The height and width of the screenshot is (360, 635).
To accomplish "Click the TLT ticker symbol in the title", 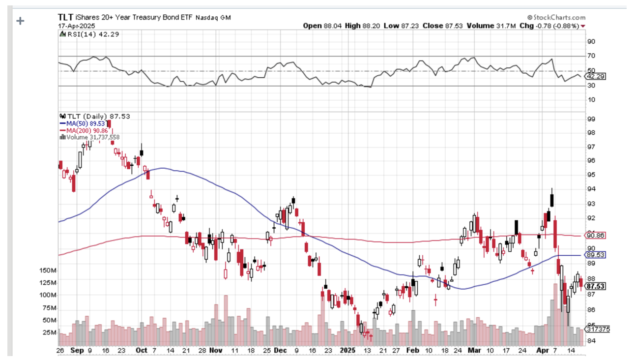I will (x=65, y=17).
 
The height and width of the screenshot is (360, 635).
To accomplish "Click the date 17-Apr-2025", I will (x=76, y=26).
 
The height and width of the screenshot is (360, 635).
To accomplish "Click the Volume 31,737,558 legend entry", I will (x=89, y=137).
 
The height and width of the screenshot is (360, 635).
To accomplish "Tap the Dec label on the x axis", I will (x=280, y=351).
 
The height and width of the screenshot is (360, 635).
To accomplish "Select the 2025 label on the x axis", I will (x=347, y=351).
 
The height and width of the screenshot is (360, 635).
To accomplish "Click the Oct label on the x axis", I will (x=141, y=351).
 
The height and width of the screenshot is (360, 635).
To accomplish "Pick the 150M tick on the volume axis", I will (x=48, y=270).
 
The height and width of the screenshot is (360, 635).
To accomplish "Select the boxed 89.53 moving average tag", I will (x=595, y=255).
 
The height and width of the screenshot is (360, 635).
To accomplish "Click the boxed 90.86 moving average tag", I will (x=595, y=236).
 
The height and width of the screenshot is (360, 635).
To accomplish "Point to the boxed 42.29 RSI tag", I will (x=595, y=76).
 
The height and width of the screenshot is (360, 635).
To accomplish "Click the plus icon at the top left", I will (x=20, y=21).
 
